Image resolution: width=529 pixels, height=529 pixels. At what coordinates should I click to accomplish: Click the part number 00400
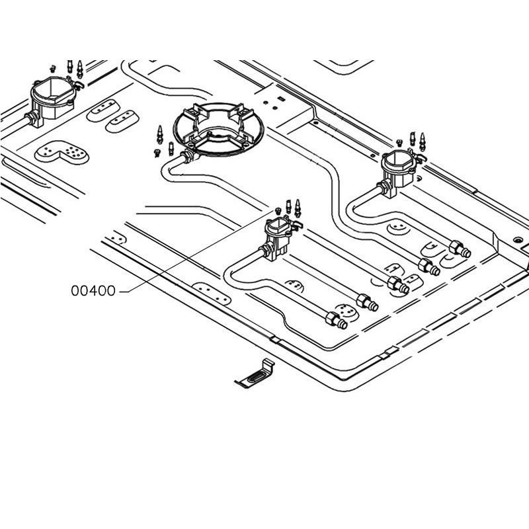[x=93, y=291]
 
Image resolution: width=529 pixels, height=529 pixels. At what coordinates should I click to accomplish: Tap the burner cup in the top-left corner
[x=53, y=98]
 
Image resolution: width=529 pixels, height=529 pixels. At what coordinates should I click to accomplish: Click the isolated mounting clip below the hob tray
[x=255, y=374]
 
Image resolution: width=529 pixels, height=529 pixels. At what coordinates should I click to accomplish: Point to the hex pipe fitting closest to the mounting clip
[x=336, y=320]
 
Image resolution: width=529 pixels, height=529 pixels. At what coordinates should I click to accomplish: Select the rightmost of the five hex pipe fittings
[x=460, y=249]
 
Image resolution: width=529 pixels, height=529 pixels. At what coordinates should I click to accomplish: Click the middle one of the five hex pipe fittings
[x=398, y=285]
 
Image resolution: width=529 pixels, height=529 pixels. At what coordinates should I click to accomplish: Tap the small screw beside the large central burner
[x=157, y=153]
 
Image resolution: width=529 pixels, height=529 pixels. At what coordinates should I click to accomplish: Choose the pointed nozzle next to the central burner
[x=160, y=134]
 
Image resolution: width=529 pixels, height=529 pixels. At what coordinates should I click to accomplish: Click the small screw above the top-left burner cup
[x=52, y=69]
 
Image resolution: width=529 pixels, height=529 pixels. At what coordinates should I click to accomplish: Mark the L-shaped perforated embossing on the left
[x=61, y=152]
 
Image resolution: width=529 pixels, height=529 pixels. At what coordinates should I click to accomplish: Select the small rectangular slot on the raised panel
[x=280, y=99]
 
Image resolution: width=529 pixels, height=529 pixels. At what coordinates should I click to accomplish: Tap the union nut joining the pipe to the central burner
[x=187, y=157]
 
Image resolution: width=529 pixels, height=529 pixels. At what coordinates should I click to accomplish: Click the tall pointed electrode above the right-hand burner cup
[x=422, y=142]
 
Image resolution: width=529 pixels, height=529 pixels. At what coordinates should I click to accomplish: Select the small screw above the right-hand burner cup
[x=399, y=143]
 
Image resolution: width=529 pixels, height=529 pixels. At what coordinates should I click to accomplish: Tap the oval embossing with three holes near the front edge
[x=212, y=294]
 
